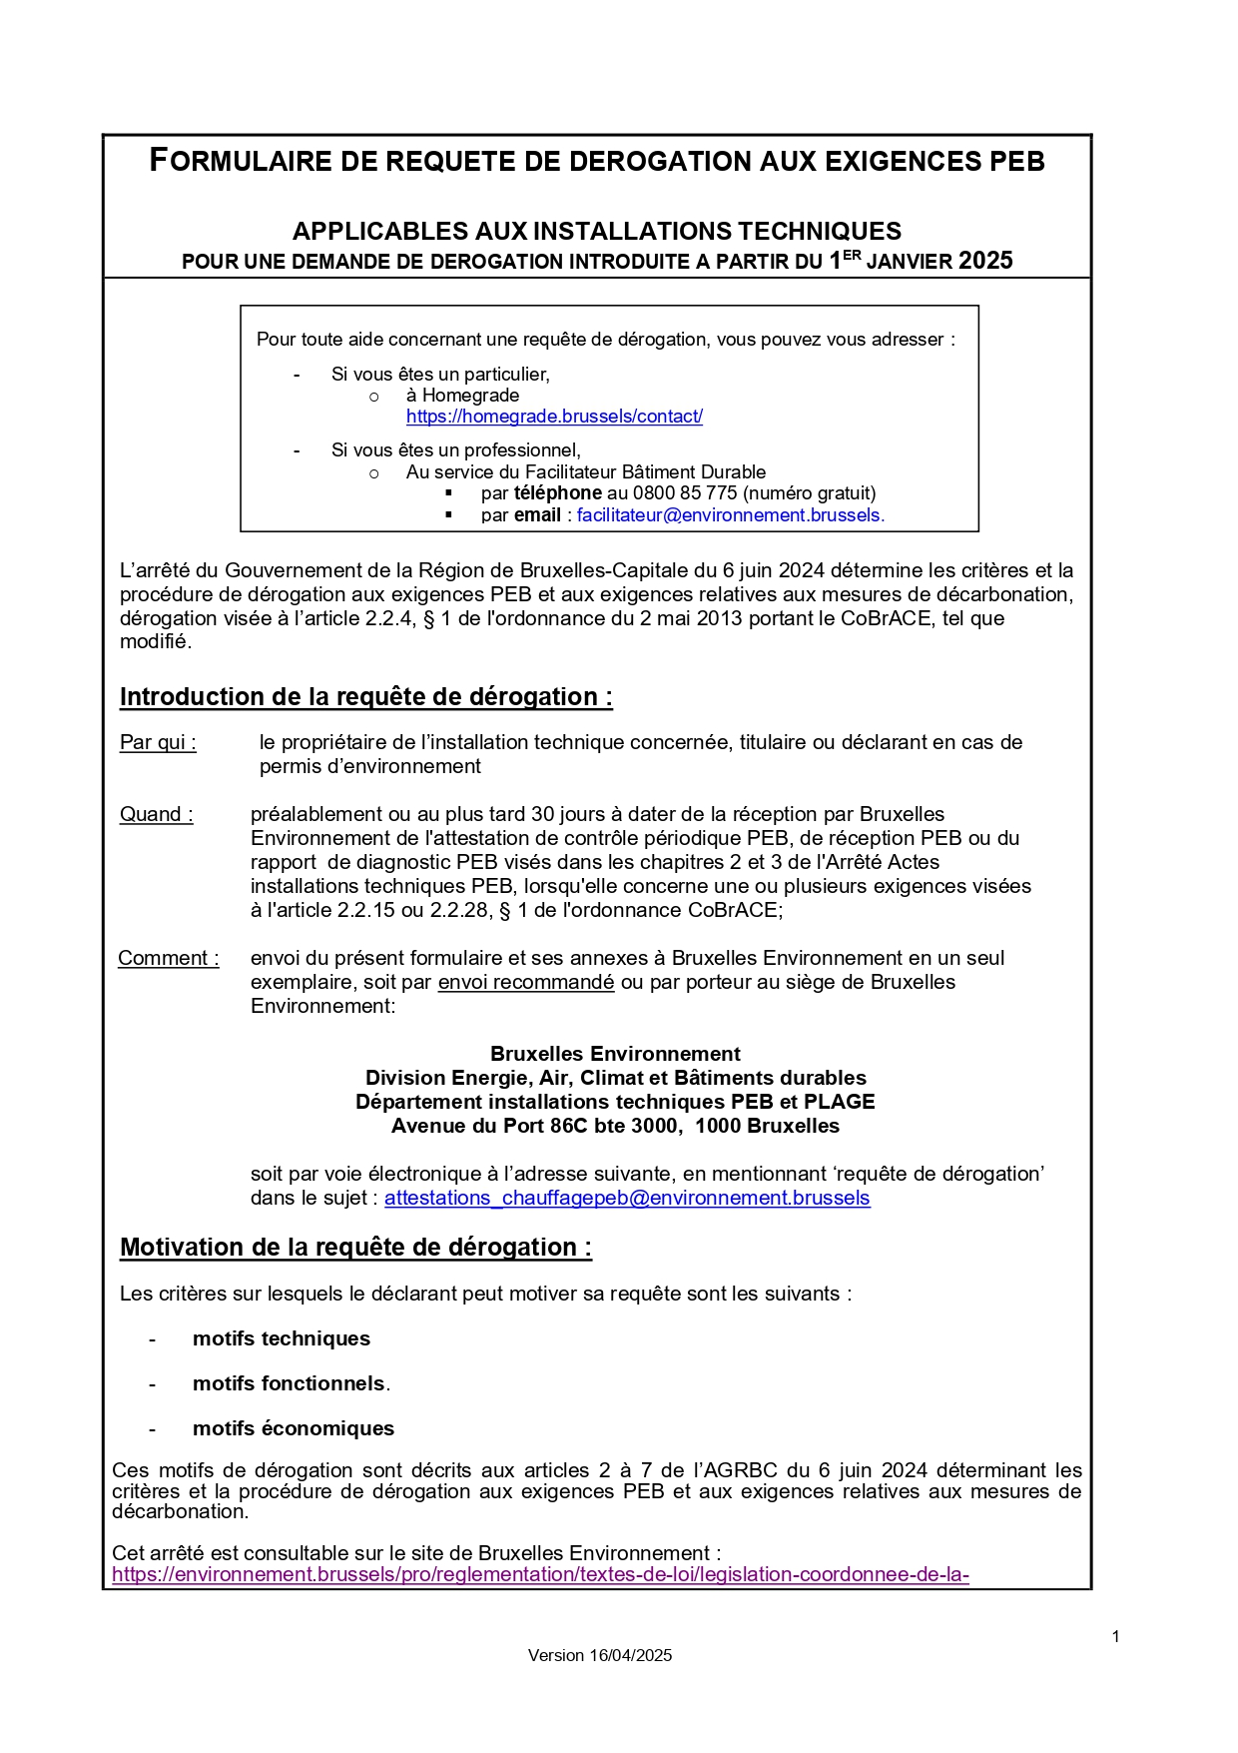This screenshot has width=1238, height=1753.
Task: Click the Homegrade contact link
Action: (x=554, y=417)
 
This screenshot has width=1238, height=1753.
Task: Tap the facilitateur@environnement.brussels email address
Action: (x=730, y=515)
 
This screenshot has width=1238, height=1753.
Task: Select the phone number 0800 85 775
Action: (x=685, y=493)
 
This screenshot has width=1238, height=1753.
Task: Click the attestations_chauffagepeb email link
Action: (x=627, y=1198)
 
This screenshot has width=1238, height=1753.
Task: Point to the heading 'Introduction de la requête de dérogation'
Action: (x=365, y=696)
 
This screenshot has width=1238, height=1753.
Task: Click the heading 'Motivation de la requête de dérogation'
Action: (x=355, y=1247)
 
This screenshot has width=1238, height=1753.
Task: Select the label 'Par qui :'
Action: (x=158, y=742)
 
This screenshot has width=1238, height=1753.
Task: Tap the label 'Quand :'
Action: (x=157, y=814)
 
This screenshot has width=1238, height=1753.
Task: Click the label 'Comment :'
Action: (x=168, y=958)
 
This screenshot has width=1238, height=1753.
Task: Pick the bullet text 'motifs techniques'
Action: (x=281, y=1338)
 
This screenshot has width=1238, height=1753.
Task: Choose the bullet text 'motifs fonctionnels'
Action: (x=289, y=1383)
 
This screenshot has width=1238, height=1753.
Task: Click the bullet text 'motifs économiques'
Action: (x=293, y=1428)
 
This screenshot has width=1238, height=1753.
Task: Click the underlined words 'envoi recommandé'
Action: (x=526, y=982)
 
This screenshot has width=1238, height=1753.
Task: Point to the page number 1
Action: (x=1115, y=1636)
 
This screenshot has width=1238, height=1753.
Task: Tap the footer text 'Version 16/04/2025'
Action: (x=599, y=1655)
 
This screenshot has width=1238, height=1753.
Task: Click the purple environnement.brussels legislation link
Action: (x=540, y=1575)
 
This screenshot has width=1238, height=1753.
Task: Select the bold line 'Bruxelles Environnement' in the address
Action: (x=615, y=1054)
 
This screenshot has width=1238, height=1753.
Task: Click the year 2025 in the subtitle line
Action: (x=984, y=261)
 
